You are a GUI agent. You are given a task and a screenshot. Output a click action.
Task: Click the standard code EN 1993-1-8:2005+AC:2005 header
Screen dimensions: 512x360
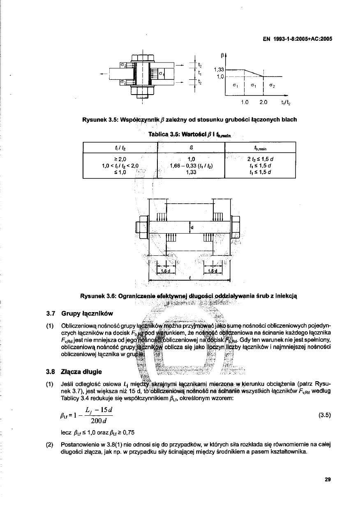pyautogui.click(x=297, y=39)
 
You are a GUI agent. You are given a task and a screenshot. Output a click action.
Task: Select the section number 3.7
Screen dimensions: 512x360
pyautogui.click(x=51, y=314)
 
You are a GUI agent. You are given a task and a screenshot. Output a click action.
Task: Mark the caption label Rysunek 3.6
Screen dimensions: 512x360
pyautogui.click(x=99, y=295)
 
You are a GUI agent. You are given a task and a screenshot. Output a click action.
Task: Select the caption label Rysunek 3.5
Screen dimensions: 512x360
pyautogui.click(x=98, y=120)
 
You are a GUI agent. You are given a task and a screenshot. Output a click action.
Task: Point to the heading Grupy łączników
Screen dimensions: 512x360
pyautogui.click(x=86, y=314)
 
